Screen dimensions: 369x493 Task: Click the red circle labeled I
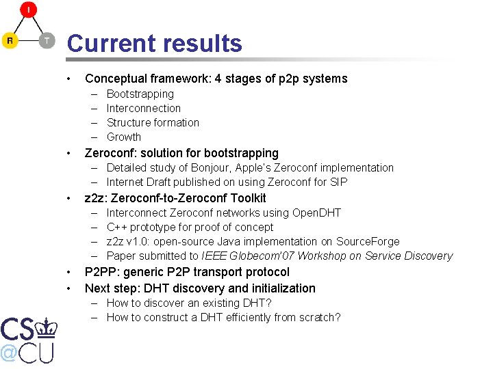click(28, 10)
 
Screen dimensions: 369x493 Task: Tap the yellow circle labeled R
click(10, 41)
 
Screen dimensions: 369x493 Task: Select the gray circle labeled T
click(46, 41)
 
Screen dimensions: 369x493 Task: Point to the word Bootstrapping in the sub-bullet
click(140, 94)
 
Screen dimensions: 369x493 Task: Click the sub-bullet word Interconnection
click(144, 108)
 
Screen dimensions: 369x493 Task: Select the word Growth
click(124, 137)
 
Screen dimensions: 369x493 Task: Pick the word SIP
click(338, 182)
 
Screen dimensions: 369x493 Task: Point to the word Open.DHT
click(316, 213)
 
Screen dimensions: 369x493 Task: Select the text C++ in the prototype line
click(117, 227)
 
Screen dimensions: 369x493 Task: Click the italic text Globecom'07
click(270, 256)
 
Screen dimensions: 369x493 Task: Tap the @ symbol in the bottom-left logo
click(9, 353)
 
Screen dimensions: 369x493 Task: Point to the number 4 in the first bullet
click(218, 79)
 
